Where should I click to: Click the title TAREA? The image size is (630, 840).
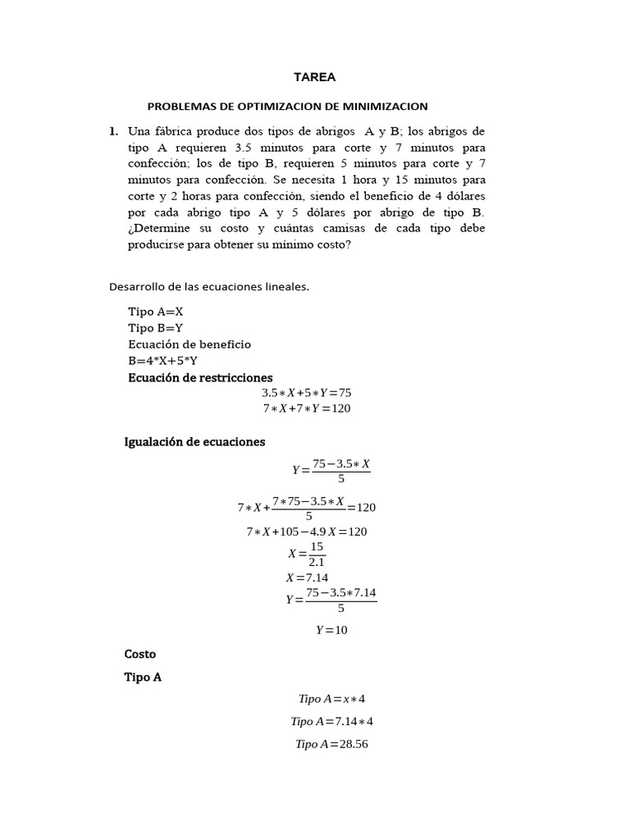click(315, 77)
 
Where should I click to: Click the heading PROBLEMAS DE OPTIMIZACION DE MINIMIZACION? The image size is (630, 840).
click(287, 107)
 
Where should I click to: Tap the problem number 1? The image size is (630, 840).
click(113, 131)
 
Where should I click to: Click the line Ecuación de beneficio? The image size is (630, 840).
click(189, 345)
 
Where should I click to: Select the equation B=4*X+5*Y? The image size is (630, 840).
click(163, 360)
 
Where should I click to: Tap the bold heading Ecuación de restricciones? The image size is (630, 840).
click(200, 377)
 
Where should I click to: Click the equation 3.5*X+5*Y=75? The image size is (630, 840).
click(306, 393)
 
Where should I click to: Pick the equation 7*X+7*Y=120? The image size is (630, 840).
click(306, 409)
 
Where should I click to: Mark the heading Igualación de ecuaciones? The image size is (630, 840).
click(194, 441)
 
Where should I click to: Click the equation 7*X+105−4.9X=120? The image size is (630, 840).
click(307, 532)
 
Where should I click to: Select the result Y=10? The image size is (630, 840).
click(332, 630)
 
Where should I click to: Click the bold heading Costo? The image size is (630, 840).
click(139, 654)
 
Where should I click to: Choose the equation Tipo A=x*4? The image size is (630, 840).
click(331, 699)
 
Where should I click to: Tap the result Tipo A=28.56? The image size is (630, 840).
click(331, 744)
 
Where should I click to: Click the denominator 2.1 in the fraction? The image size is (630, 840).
click(317, 563)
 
